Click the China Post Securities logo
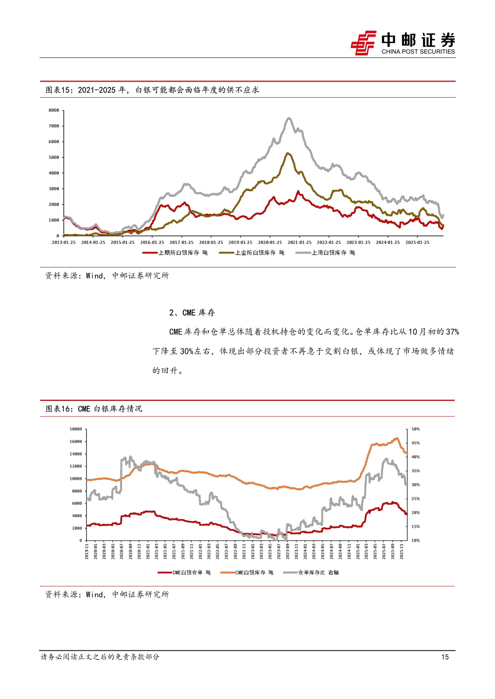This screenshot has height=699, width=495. (x=403, y=43)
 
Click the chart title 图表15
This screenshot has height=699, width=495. (x=152, y=90)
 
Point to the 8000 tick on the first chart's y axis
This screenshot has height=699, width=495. (x=54, y=110)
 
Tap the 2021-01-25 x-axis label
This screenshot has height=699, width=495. (x=299, y=242)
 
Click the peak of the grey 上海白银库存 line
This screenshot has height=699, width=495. (x=289, y=118)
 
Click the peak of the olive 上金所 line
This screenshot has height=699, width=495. (x=288, y=153)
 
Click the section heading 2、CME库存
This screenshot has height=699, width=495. (x=192, y=313)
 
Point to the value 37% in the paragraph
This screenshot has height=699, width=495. (x=452, y=332)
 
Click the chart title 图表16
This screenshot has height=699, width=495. (x=93, y=409)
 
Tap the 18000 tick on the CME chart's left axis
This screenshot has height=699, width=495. (x=75, y=429)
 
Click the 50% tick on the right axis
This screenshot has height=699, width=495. (x=416, y=429)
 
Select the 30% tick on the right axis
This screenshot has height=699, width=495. (x=416, y=485)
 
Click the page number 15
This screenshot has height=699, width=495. (x=445, y=657)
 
